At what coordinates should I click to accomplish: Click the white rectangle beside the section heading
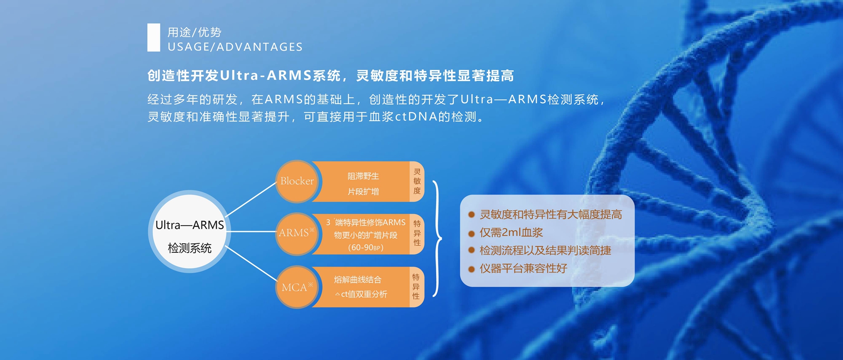point(154,37)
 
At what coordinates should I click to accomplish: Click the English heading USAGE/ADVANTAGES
point(235,47)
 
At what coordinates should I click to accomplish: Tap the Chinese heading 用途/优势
point(195,32)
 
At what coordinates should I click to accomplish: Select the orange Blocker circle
point(297,181)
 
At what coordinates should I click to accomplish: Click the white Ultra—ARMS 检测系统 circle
point(190,231)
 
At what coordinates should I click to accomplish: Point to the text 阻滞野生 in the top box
point(363,176)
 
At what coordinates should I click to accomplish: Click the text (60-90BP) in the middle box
point(366,248)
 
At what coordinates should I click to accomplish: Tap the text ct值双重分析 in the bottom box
point(364,294)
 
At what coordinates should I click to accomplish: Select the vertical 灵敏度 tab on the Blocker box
point(417,181)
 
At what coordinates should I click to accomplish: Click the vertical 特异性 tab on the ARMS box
point(417,234)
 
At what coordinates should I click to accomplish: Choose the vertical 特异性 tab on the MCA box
point(416,287)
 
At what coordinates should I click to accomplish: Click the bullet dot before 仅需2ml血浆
point(472,233)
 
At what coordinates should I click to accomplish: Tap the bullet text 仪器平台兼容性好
point(523,268)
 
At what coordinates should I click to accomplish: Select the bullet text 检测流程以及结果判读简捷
point(545,250)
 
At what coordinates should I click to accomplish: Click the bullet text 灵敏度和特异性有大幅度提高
point(551,214)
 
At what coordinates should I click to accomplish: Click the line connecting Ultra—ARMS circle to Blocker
point(251,199)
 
